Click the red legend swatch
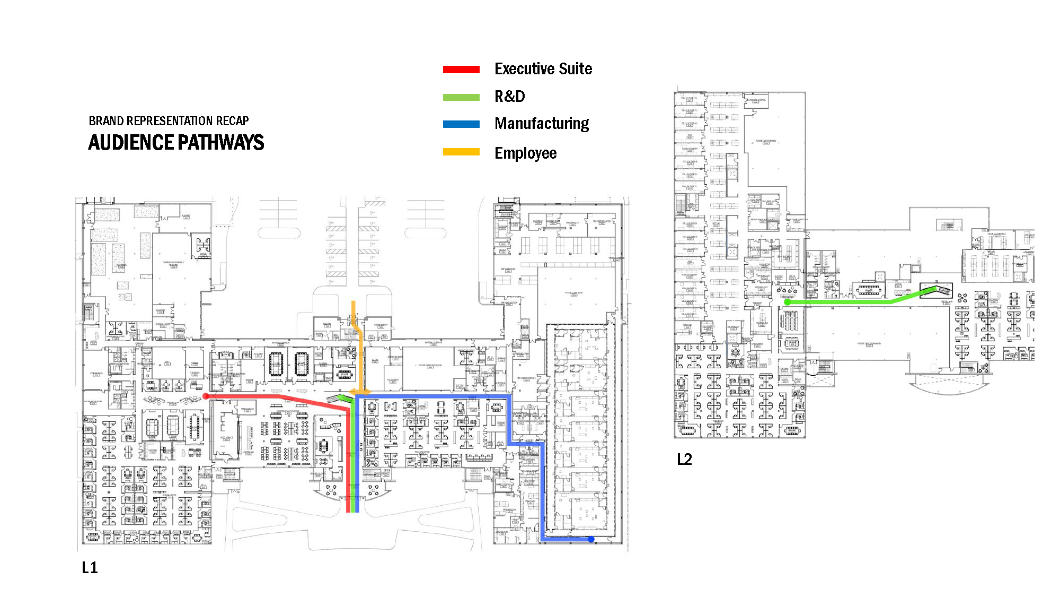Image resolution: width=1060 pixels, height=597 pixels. point(461,70)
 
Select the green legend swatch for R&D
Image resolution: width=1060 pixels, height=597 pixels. point(461,97)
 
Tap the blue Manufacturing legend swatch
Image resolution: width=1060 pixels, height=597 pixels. point(461,124)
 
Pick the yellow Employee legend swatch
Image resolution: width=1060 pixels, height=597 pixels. point(461,152)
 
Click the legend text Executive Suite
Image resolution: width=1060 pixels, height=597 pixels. point(543,69)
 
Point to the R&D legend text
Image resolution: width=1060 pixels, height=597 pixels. point(509,97)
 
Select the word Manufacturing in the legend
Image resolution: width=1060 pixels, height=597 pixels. point(542,124)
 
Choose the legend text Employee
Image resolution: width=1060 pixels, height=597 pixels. point(525,153)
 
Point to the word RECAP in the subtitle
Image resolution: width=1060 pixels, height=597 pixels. point(232,121)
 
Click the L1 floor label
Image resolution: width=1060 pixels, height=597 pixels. point(90,568)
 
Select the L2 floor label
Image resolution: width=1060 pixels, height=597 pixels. point(684,460)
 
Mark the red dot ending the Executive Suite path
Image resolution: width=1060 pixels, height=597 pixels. point(206,396)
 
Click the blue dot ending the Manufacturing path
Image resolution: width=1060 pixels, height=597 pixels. point(591,539)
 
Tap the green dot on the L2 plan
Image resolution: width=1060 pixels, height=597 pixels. point(788,302)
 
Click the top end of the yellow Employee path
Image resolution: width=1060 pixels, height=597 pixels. point(354,303)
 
